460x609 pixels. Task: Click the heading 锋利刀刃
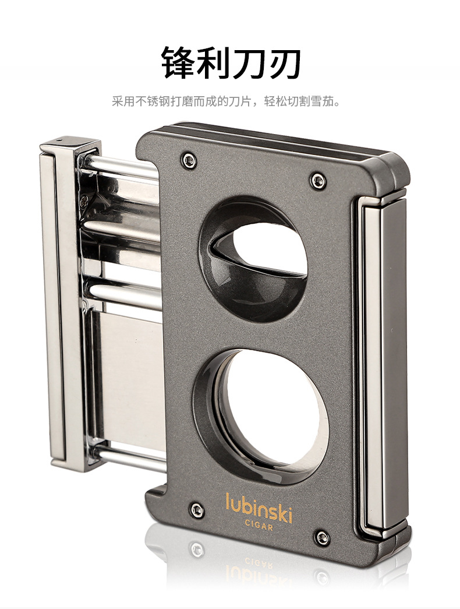pyautogui.click(x=231, y=62)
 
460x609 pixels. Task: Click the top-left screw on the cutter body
pyautogui.click(x=189, y=160)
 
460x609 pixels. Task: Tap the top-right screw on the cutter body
pyautogui.click(x=319, y=181)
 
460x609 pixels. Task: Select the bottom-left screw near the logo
pyautogui.click(x=197, y=509)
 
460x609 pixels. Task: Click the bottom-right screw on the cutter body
pyautogui.click(x=323, y=537)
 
